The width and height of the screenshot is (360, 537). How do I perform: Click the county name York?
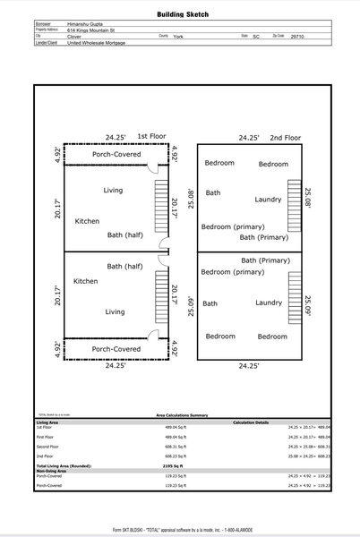click(178, 36)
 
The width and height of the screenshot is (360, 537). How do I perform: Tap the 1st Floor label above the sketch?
click(151, 137)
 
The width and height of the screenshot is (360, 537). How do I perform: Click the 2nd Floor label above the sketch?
click(286, 138)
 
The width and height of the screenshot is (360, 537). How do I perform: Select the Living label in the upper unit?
click(113, 191)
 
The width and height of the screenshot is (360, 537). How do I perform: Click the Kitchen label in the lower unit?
click(86, 281)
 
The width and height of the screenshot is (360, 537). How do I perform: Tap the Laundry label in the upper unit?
click(269, 199)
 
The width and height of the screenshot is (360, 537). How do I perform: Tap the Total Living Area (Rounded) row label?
click(62, 466)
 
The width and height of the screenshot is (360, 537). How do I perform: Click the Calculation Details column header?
click(251, 422)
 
